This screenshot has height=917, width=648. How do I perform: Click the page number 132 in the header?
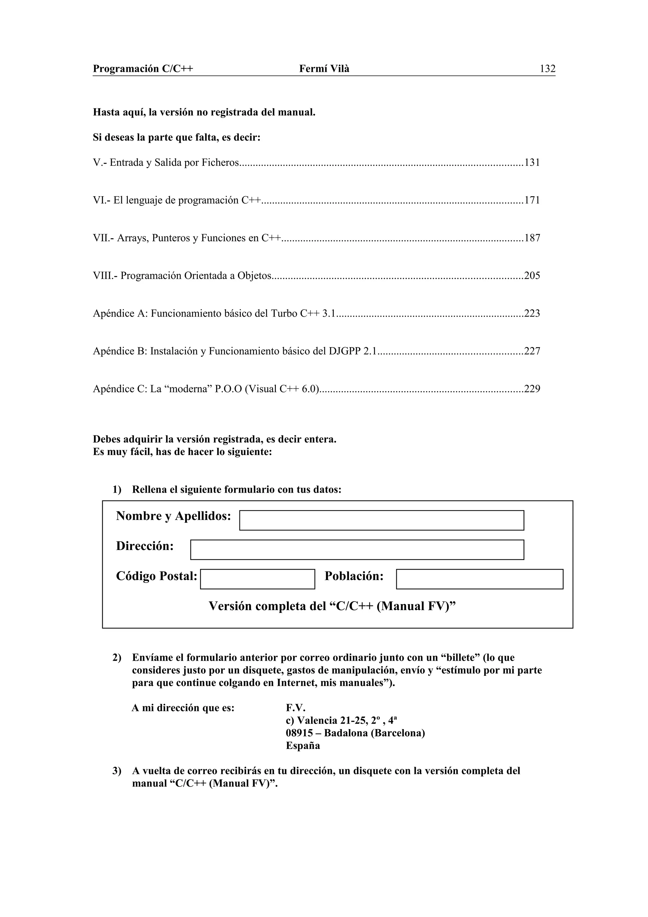547,69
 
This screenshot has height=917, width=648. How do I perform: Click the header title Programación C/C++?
143,69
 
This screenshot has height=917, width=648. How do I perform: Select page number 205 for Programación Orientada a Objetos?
532,276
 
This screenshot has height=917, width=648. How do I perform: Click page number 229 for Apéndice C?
532,389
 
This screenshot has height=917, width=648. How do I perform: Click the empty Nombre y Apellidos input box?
381,521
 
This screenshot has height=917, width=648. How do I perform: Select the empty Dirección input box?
357,550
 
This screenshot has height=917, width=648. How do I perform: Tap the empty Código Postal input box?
258,579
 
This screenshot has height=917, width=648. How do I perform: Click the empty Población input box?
479,579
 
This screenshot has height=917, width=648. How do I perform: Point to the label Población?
354,576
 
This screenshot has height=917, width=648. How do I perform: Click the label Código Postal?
157,576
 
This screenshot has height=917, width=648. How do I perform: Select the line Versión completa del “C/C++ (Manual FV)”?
332,606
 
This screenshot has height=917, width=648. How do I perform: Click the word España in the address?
302,746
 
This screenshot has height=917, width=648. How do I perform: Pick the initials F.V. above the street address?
296,708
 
